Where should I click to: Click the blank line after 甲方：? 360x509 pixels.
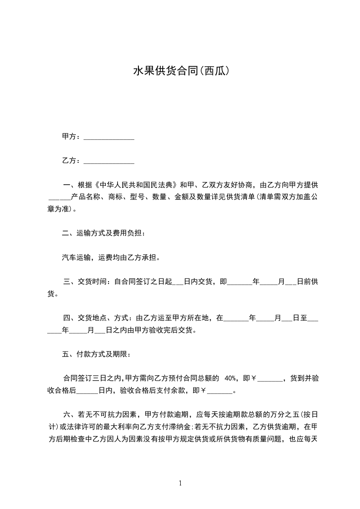click(x=109, y=137)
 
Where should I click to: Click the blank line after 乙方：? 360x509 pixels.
click(x=109, y=161)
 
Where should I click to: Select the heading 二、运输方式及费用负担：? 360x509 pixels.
click(x=104, y=234)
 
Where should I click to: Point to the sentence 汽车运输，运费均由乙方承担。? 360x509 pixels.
click(x=111, y=258)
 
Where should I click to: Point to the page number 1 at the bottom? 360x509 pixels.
click(x=180, y=484)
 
